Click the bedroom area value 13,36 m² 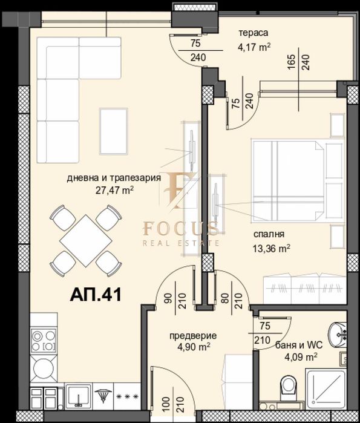pyautogui.click(x=270, y=247)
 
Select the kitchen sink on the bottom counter pyautogui.click(x=77, y=397)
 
